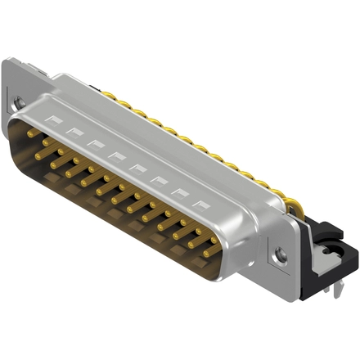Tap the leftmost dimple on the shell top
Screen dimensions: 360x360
coord(55,121)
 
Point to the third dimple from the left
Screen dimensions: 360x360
coord(96,144)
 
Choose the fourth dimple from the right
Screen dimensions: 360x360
coord(140,169)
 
